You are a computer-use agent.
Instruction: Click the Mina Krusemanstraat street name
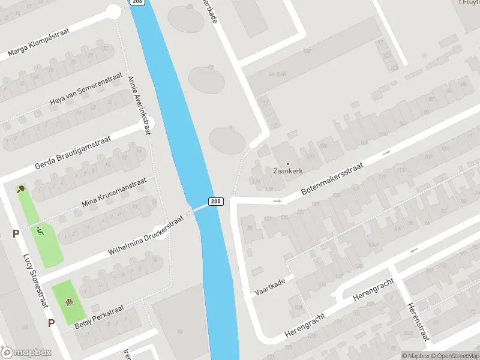[114, 193]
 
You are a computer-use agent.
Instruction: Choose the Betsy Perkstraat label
[100, 316]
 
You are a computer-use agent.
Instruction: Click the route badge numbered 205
[217, 201]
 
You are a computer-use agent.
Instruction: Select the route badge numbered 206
[137, 2]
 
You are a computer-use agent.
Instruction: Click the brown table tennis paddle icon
[22, 189]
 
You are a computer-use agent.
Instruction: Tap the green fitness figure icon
[40, 230]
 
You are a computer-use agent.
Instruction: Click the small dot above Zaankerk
[287, 163]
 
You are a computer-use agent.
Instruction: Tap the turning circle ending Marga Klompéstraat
[113, 11]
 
